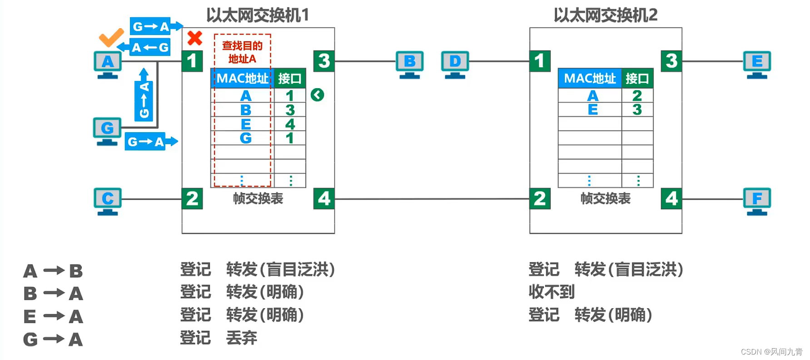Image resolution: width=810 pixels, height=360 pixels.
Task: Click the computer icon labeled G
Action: (107, 130)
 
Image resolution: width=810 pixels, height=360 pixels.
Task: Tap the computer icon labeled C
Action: (108, 200)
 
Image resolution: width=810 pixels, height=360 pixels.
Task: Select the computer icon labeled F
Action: (757, 200)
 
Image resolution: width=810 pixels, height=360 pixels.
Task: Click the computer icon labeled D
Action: (455, 64)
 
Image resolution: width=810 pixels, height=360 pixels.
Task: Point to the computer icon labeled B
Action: (409, 64)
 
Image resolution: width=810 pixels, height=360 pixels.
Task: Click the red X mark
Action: (195, 38)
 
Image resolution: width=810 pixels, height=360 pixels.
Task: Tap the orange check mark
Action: (111, 37)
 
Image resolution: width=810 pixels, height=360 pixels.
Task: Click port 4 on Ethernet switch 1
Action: (324, 199)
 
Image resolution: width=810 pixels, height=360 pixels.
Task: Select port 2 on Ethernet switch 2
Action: (540, 199)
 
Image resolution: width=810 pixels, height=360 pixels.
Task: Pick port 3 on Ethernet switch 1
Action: (324, 61)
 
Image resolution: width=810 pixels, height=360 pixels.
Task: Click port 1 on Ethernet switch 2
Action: (540, 61)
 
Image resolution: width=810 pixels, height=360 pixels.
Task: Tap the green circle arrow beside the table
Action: (318, 95)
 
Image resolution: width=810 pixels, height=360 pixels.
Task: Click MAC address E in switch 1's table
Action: (246, 124)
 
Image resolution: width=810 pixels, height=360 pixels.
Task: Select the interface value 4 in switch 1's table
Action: (290, 124)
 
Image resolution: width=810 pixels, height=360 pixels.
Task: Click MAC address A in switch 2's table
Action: (592, 95)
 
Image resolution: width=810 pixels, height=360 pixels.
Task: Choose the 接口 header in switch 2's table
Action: (637, 79)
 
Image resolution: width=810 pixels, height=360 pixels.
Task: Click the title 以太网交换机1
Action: (258, 15)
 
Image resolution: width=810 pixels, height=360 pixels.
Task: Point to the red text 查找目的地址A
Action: (242, 52)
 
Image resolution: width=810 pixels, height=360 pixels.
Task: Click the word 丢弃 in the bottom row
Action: (242, 338)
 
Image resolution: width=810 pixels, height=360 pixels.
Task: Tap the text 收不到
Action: (552, 292)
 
